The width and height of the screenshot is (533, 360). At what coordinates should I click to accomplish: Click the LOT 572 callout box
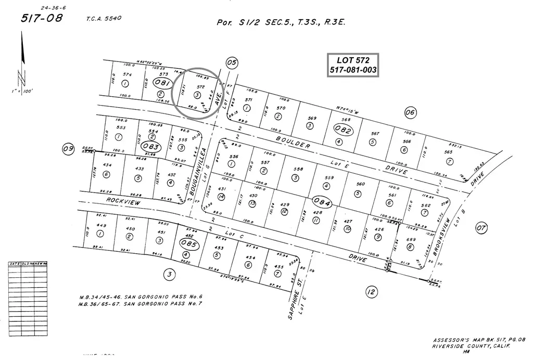coord(353,65)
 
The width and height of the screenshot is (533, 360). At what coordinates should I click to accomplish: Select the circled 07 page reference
coord(481,227)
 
